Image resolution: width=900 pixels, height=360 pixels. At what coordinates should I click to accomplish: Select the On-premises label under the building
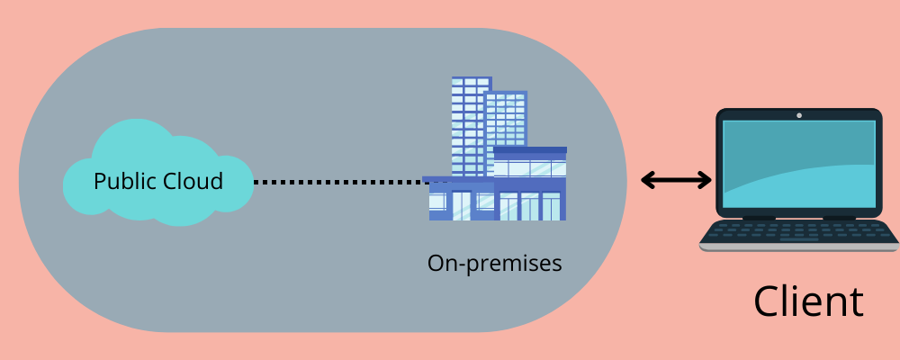[x=494, y=264]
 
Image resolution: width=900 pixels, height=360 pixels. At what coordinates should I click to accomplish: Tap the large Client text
[x=808, y=301]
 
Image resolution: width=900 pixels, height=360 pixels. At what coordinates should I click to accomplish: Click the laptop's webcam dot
[x=798, y=115]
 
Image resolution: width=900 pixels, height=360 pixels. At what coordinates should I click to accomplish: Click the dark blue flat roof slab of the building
[x=530, y=150]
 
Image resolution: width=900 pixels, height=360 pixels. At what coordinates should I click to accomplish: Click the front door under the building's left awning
[x=461, y=205]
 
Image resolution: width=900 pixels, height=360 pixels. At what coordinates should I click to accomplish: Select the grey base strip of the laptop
[x=798, y=247]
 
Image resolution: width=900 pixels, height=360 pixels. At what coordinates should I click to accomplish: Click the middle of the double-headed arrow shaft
[x=676, y=181]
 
